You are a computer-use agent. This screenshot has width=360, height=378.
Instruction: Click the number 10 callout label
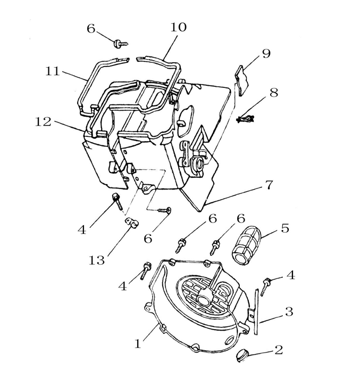point(179,27)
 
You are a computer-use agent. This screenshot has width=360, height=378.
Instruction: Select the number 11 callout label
point(52,71)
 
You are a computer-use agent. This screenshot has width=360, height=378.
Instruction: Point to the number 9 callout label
point(266,53)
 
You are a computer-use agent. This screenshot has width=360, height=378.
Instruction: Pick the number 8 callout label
point(273,92)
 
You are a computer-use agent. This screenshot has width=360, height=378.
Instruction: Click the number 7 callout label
point(269,185)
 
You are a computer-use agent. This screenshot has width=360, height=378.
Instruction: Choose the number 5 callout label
point(284,229)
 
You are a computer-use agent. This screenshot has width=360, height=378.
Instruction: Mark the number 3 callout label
point(289,311)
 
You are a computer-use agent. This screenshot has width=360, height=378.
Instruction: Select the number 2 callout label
point(278,350)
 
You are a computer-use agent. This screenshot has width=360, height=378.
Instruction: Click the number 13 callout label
point(97,260)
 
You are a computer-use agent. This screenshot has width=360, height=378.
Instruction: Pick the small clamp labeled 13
point(130,224)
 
